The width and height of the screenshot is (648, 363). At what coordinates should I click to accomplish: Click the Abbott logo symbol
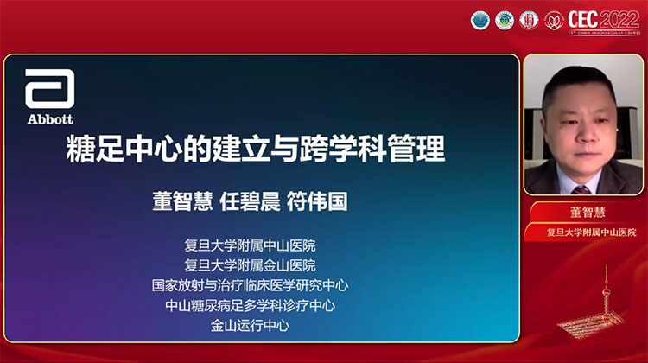pos(49,87)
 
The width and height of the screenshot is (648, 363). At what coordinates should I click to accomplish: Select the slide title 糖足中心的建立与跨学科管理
pos(256,149)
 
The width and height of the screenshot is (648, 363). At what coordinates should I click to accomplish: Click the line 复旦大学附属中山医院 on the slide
pos(250,245)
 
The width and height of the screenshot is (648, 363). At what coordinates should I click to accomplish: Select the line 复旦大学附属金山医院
pos(250,264)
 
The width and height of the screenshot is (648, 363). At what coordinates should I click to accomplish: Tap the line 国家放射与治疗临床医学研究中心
pos(250,284)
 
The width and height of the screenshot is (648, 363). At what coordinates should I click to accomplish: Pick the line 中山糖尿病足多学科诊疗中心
pos(250,304)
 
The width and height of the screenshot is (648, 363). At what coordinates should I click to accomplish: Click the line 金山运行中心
pos(250,325)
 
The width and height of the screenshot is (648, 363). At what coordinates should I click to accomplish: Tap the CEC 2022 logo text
pos(604,20)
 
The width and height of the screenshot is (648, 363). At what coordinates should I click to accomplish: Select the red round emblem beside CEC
pos(552,20)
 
